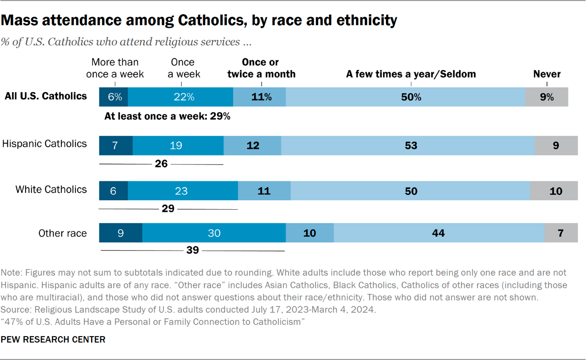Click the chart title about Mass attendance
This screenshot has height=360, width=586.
(199, 21)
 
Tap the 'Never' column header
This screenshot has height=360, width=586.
(547, 74)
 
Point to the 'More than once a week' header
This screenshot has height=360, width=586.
(115, 68)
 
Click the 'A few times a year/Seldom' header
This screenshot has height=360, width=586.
(411, 74)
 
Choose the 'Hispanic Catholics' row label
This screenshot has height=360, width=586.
(44, 144)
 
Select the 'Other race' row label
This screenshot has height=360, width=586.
(62, 233)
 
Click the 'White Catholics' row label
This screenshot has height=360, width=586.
(51, 190)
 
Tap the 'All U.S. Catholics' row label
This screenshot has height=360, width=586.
(46, 96)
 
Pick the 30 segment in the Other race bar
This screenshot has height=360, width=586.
(214, 233)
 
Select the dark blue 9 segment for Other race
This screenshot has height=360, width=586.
(120, 233)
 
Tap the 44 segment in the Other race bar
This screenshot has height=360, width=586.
(439, 233)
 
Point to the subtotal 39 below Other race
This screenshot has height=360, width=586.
(193, 250)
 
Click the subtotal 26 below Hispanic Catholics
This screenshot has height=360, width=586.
(161, 164)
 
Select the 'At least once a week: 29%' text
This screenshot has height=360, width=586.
(167, 116)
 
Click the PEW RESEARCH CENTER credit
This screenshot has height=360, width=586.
(53, 339)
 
